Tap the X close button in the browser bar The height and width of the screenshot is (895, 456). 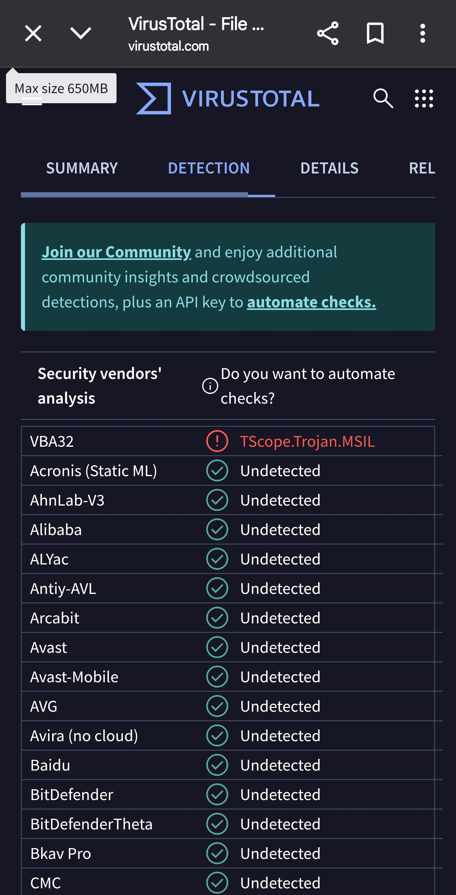pyautogui.click(x=33, y=33)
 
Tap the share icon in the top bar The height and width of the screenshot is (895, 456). pyautogui.click(x=327, y=33)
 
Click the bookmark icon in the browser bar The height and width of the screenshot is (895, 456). pyautogui.click(x=375, y=33)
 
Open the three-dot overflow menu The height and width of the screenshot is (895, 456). pyautogui.click(x=422, y=33)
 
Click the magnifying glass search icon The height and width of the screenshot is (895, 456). pyautogui.click(x=383, y=98)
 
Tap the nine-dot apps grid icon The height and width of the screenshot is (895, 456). pyautogui.click(x=424, y=98)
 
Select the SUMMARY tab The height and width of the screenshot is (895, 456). pyautogui.click(x=82, y=168)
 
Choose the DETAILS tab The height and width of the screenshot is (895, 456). pyautogui.click(x=329, y=168)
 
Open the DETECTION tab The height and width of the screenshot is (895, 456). pyautogui.click(x=209, y=168)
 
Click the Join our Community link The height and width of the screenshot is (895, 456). pyautogui.click(x=116, y=252)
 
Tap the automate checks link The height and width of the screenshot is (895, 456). pyautogui.click(x=311, y=302)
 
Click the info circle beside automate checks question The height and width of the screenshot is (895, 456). pyautogui.click(x=210, y=386)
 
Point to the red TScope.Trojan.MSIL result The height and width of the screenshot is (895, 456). pyautogui.click(x=307, y=441)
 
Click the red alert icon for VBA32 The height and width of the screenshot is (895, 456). pyautogui.click(x=217, y=441)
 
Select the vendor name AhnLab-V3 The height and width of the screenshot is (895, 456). pyautogui.click(x=67, y=500)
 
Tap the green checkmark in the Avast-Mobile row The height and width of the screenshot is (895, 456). pyautogui.click(x=217, y=677)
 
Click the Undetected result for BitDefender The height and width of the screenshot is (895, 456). pyautogui.click(x=280, y=795)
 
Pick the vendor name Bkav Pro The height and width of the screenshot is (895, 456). pyautogui.click(x=60, y=853)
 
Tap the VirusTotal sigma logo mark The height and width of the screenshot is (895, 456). pyautogui.click(x=154, y=98)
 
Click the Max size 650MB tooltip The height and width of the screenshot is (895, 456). pyautogui.click(x=61, y=88)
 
